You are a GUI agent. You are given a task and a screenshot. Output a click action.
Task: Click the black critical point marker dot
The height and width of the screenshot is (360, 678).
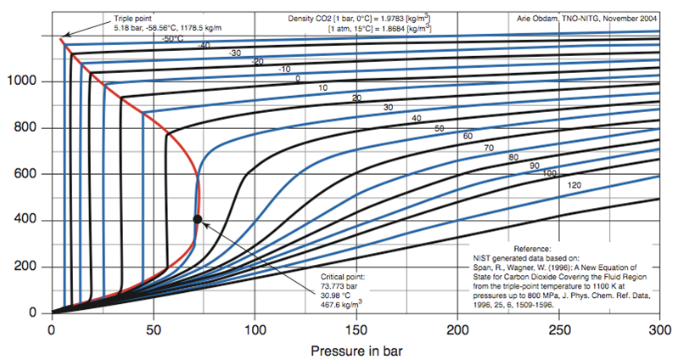tap(198, 219)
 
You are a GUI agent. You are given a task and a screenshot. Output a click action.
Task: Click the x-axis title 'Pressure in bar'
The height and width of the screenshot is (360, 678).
tap(357, 349)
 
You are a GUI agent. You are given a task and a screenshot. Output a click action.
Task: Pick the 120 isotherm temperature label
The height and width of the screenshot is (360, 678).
tap(574, 184)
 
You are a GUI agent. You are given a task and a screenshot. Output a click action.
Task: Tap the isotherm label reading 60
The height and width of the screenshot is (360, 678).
tap(468, 137)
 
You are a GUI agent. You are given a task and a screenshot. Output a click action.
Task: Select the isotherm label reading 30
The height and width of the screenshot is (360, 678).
tap(388, 108)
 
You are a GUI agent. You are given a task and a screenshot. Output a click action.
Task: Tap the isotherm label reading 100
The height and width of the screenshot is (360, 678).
tap(550, 173)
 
